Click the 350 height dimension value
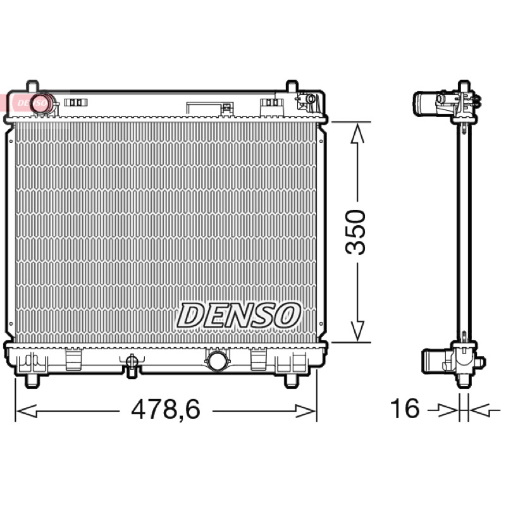[x=355, y=231]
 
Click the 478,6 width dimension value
[x=166, y=409]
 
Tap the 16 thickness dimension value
[x=405, y=408]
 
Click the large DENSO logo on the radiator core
[x=238, y=315]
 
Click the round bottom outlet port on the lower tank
[x=217, y=361]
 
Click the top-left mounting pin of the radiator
[x=32, y=86]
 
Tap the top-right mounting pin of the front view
[x=292, y=86]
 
